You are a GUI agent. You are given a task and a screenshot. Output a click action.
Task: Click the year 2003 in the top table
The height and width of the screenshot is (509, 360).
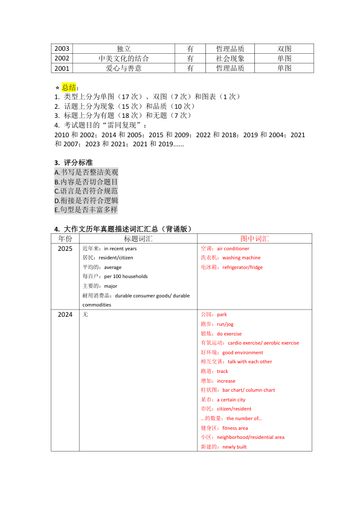(62, 49)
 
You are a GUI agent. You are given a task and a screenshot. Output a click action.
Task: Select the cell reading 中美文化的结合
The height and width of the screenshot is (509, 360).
(124, 59)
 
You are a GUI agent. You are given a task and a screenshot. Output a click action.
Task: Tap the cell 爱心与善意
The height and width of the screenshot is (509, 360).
(124, 68)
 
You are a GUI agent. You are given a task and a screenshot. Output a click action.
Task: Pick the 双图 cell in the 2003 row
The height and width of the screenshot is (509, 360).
(284, 49)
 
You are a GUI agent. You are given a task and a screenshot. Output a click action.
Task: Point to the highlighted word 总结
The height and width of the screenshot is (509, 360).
(69, 88)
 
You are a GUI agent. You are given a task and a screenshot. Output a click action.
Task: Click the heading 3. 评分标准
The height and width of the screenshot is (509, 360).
(73, 163)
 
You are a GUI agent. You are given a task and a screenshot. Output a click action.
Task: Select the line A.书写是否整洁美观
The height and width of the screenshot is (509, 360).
(86, 172)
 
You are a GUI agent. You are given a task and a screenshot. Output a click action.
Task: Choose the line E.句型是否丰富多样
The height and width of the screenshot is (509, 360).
(86, 210)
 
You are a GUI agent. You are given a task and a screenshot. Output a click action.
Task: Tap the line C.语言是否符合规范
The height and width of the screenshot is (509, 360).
(86, 191)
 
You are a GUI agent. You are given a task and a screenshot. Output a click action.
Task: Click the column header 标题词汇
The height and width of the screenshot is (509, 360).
(138, 239)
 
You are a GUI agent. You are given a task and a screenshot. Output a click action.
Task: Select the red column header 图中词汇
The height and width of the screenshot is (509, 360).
(255, 239)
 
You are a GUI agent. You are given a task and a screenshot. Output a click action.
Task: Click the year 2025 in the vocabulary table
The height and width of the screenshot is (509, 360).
(65, 248)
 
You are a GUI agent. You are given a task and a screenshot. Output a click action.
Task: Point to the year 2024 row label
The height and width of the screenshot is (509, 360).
(65, 315)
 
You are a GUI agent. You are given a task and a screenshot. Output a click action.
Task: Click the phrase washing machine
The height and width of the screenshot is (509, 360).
(242, 258)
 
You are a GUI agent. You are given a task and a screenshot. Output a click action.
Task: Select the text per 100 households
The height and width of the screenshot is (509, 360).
(126, 276)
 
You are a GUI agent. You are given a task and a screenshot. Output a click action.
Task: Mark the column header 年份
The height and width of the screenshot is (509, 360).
(65, 239)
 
